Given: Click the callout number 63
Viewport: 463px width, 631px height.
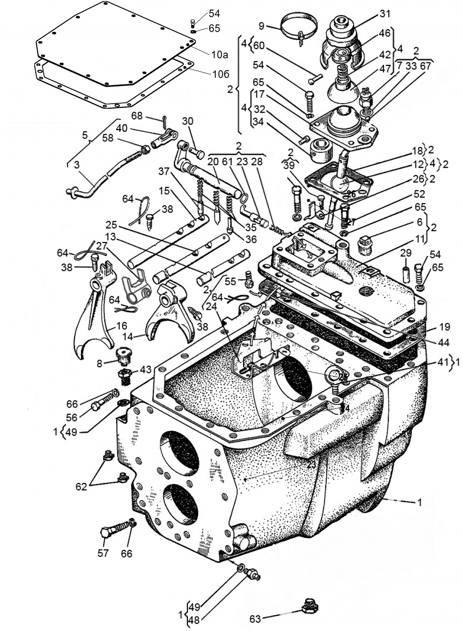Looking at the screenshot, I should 256,619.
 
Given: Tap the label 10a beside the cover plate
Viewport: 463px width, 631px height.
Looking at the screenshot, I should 219,55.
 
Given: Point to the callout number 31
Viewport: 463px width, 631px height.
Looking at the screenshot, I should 385,14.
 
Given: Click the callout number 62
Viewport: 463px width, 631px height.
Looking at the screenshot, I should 81,487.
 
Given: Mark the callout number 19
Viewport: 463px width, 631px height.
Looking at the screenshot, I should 444,327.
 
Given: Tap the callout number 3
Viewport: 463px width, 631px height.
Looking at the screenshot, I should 76,164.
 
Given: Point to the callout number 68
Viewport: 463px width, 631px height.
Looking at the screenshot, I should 137,115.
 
